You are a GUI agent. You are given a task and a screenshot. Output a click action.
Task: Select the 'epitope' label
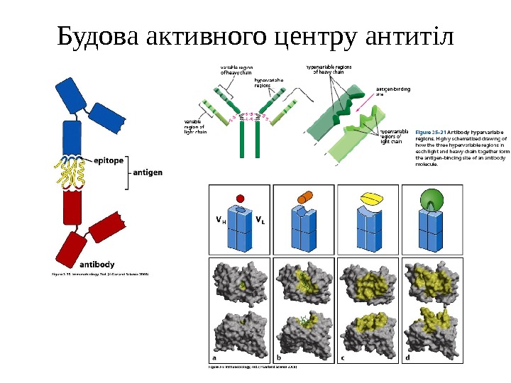(109, 160)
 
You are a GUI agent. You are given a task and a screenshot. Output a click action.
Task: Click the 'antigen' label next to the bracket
(148, 172)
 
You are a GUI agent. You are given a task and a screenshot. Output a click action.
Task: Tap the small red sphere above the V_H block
(241, 198)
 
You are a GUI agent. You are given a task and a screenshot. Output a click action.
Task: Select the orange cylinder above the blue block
(305, 196)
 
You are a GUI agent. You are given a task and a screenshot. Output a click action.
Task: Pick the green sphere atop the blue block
(432, 199)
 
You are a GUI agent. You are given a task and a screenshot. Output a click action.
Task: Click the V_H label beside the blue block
(221, 219)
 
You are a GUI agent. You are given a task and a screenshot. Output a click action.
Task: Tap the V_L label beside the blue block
(260, 219)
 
